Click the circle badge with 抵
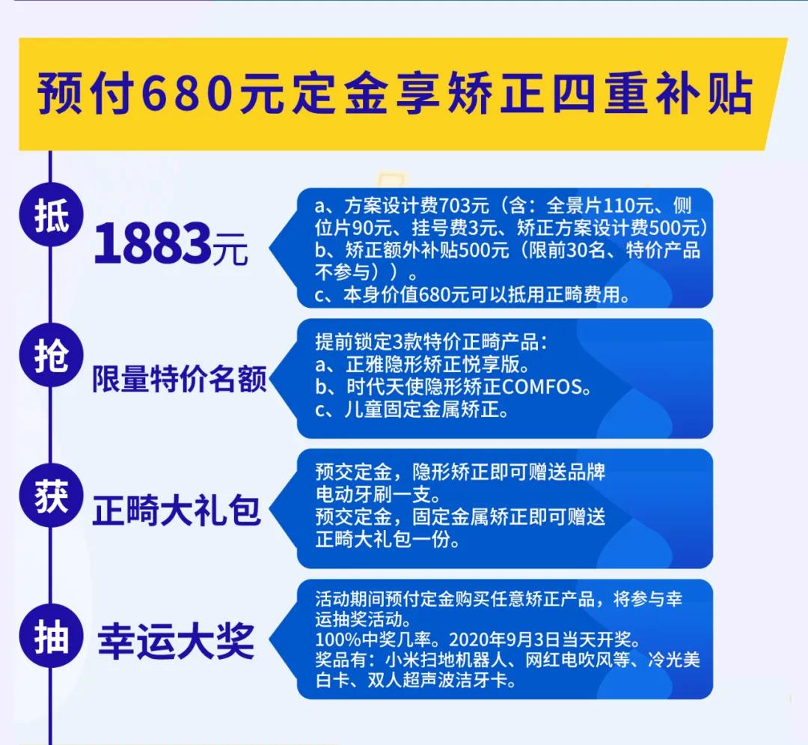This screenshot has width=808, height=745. tap(51, 215)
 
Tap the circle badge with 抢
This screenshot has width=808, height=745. tap(51, 355)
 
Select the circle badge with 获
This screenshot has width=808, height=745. tap(51, 496)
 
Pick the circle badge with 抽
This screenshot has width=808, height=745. tap(51, 636)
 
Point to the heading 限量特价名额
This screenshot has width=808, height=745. tap(180, 379)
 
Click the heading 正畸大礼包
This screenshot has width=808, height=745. tap(177, 511)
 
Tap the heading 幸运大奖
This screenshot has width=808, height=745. tap(177, 642)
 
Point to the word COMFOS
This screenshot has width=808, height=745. tap(542, 387)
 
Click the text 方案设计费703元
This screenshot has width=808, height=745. tap(417, 206)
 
